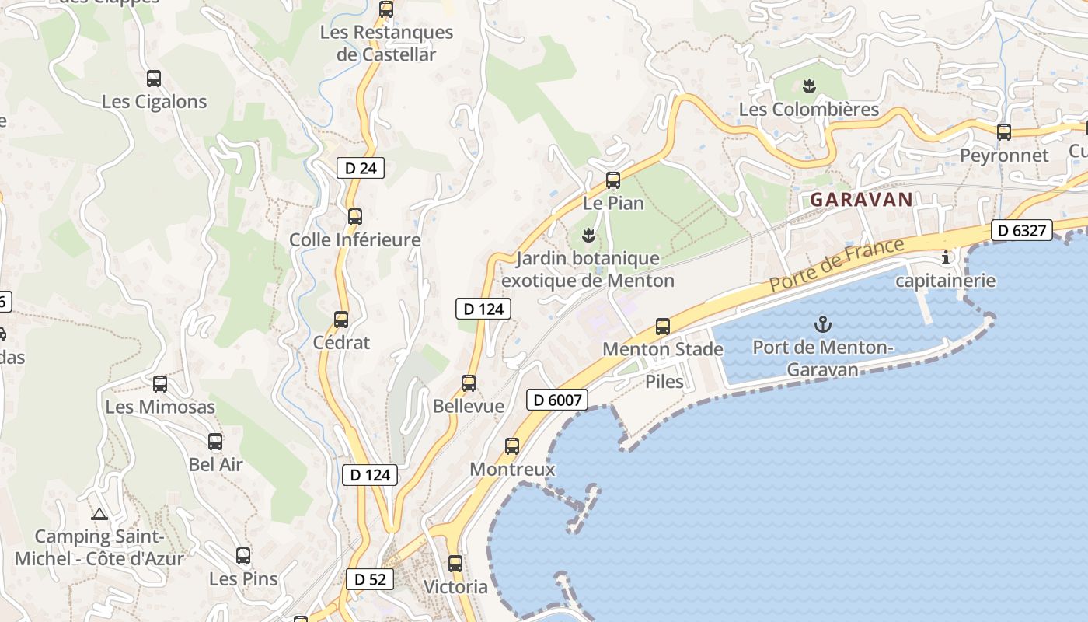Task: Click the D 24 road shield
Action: tap(361, 167)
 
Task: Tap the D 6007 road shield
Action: tap(557, 400)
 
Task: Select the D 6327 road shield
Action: tap(1023, 230)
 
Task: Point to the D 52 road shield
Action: tap(370, 579)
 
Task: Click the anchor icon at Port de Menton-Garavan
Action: tap(822, 323)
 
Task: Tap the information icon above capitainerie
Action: tap(946, 257)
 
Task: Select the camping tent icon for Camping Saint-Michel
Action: tap(99, 514)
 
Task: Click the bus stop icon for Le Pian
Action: tap(613, 180)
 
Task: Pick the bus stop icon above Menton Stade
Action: tap(663, 327)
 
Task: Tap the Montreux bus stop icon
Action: tap(512, 446)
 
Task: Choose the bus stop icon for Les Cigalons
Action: tap(154, 79)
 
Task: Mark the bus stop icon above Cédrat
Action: tap(341, 319)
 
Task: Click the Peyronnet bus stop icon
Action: tap(1004, 132)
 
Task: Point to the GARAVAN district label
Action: tap(861, 200)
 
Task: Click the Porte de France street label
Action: tap(837, 266)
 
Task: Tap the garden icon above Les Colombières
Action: tap(809, 86)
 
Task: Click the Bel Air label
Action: tap(216, 465)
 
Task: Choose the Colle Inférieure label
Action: tap(355, 240)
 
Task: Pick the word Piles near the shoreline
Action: tap(664, 381)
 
